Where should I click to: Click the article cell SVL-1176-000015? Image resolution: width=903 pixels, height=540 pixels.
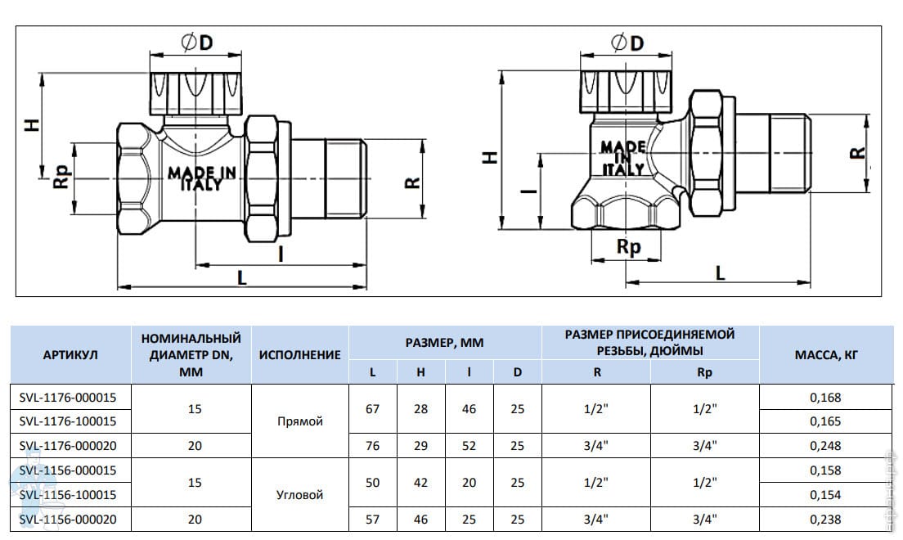[x=67, y=397]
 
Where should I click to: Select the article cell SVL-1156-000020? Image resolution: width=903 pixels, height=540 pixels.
[x=67, y=520]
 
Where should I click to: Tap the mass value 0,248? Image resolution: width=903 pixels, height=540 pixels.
[x=825, y=445]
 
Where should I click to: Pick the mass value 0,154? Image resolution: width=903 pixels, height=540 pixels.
[x=825, y=494]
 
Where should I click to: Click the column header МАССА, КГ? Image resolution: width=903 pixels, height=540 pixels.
[x=826, y=355]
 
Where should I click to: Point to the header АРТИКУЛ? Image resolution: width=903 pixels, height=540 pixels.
[x=70, y=355]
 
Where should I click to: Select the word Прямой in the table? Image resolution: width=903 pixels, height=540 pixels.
[x=299, y=421]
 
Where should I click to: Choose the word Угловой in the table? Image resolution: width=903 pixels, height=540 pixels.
[x=299, y=494]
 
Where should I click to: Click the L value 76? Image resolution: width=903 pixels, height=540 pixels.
[x=373, y=445]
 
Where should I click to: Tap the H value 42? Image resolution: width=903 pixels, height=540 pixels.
[x=421, y=483]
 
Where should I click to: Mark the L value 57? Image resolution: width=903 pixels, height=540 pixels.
[x=373, y=520]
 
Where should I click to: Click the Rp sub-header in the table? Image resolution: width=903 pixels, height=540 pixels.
[x=704, y=373]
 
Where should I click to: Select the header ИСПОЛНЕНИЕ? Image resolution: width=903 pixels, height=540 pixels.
[x=299, y=355]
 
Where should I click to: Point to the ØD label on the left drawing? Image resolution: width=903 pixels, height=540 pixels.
[x=197, y=42]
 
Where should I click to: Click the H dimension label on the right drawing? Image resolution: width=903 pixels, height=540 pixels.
[x=489, y=157]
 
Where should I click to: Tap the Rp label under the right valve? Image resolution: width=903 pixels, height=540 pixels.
[x=628, y=247]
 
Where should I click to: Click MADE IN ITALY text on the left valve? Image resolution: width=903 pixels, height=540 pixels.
[x=202, y=178]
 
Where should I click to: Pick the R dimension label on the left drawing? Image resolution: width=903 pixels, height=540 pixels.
[x=412, y=182]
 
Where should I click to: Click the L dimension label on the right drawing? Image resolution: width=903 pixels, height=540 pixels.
[x=720, y=272]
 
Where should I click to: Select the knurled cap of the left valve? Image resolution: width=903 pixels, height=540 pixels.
[x=195, y=92]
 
